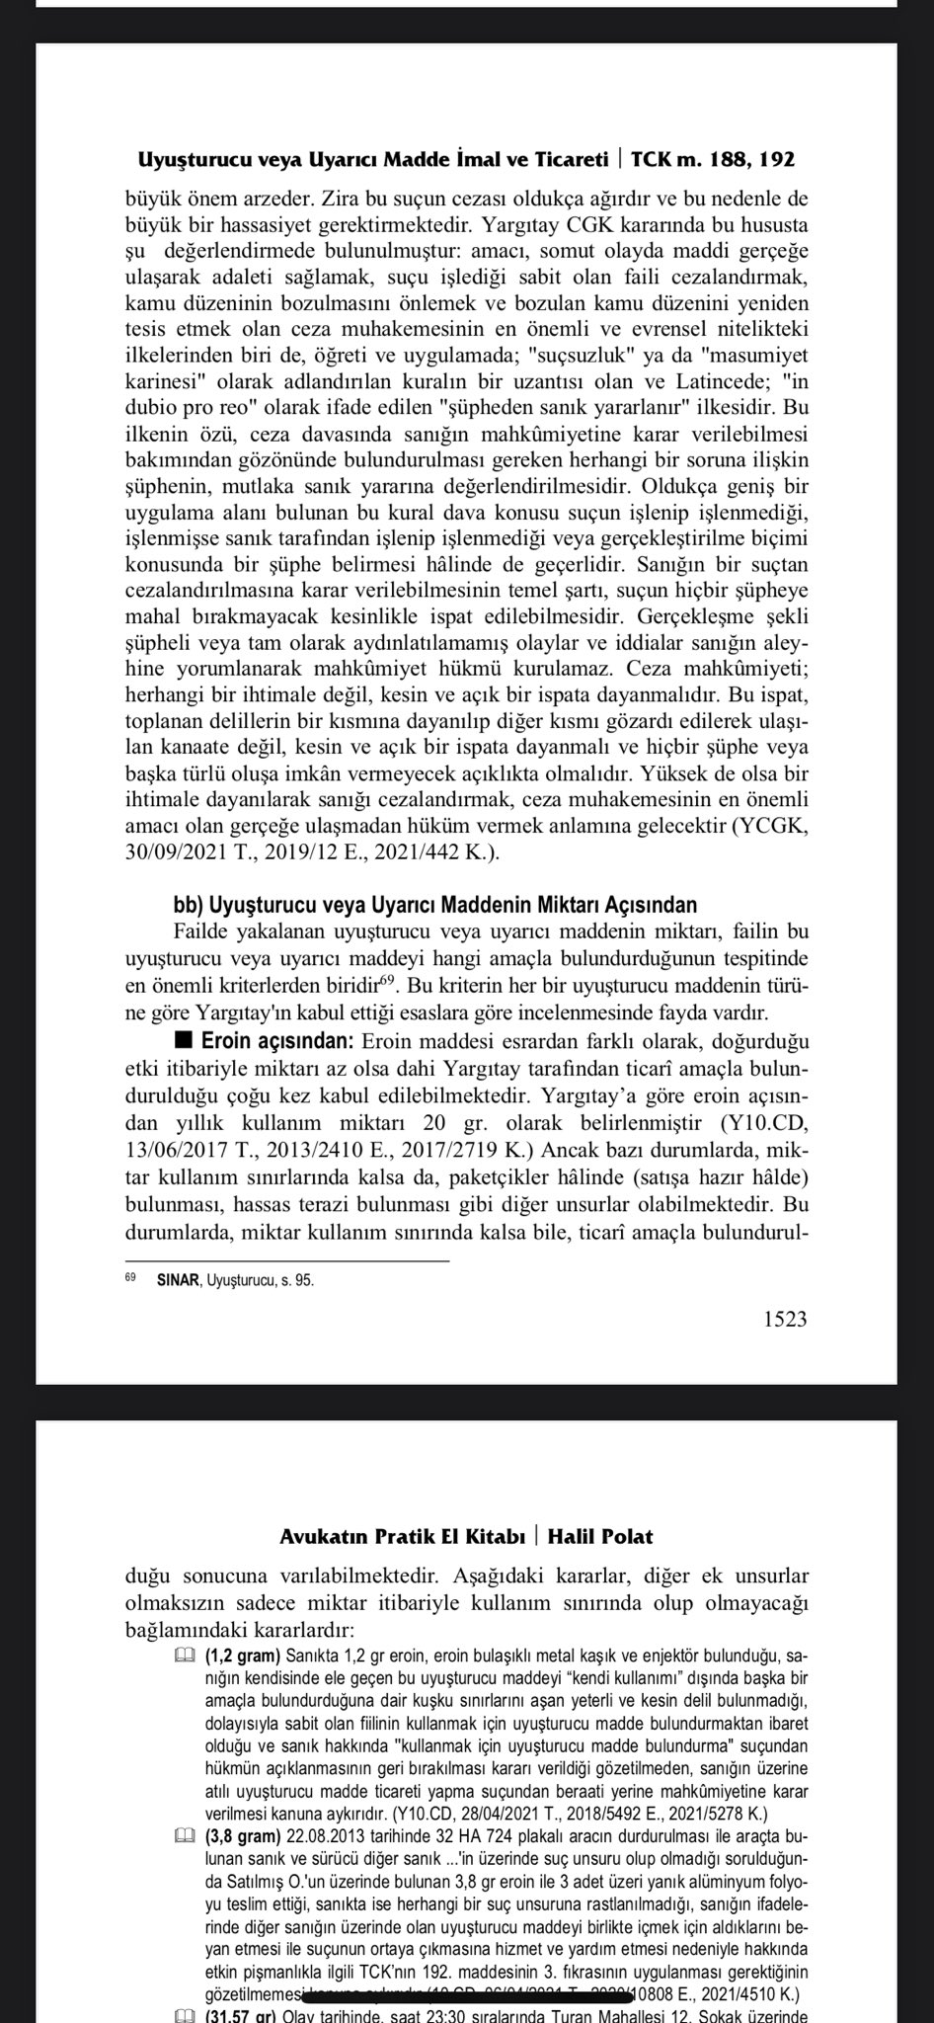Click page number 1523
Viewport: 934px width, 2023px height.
784,1319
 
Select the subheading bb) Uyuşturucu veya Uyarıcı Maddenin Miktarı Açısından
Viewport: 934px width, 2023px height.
435,905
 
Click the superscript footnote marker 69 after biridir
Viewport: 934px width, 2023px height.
388,981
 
